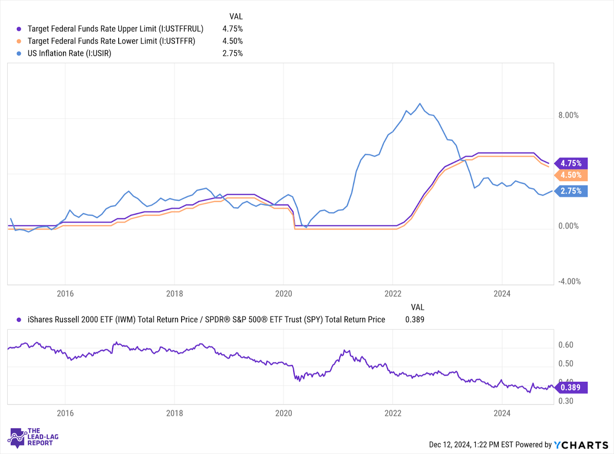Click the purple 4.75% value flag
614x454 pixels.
pyautogui.click(x=571, y=163)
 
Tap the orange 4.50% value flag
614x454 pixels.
pyautogui.click(x=571, y=175)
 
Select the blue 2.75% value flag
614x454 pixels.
pyautogui.click(x=571, y=191)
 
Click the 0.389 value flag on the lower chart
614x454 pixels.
pyautogui.click(x=571, y=388)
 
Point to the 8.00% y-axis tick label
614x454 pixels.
pyautogui.click(x=568, y=115)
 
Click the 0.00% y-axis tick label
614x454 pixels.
pyautogui.click(x=568, y=226)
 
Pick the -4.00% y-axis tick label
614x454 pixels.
pyautogui.click(x=569, y=282)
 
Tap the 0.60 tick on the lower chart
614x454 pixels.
pyautogui.click(x=565, y=345)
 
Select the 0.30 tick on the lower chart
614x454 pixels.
pyautogui.click(x=565, y=401)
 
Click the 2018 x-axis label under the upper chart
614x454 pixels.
pyautogui.click(x=174, y=293)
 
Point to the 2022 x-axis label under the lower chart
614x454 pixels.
pyautogui.click(x=393, y=413)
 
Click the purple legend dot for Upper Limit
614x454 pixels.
pyautogui.click(x=19, y=29)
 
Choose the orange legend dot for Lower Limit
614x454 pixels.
pyautogui.click(x=19, y=41)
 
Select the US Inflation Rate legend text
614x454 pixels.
pyautogui.click(x=69, y=53)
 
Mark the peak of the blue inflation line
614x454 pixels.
pyautogui.click(x=420, y=104)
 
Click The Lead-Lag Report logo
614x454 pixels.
pyautogui.click(x=33, y=438)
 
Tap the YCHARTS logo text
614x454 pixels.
pyautogui.click(x=581, y=445)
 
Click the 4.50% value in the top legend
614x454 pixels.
pyautogui.click(x=232, y=41)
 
